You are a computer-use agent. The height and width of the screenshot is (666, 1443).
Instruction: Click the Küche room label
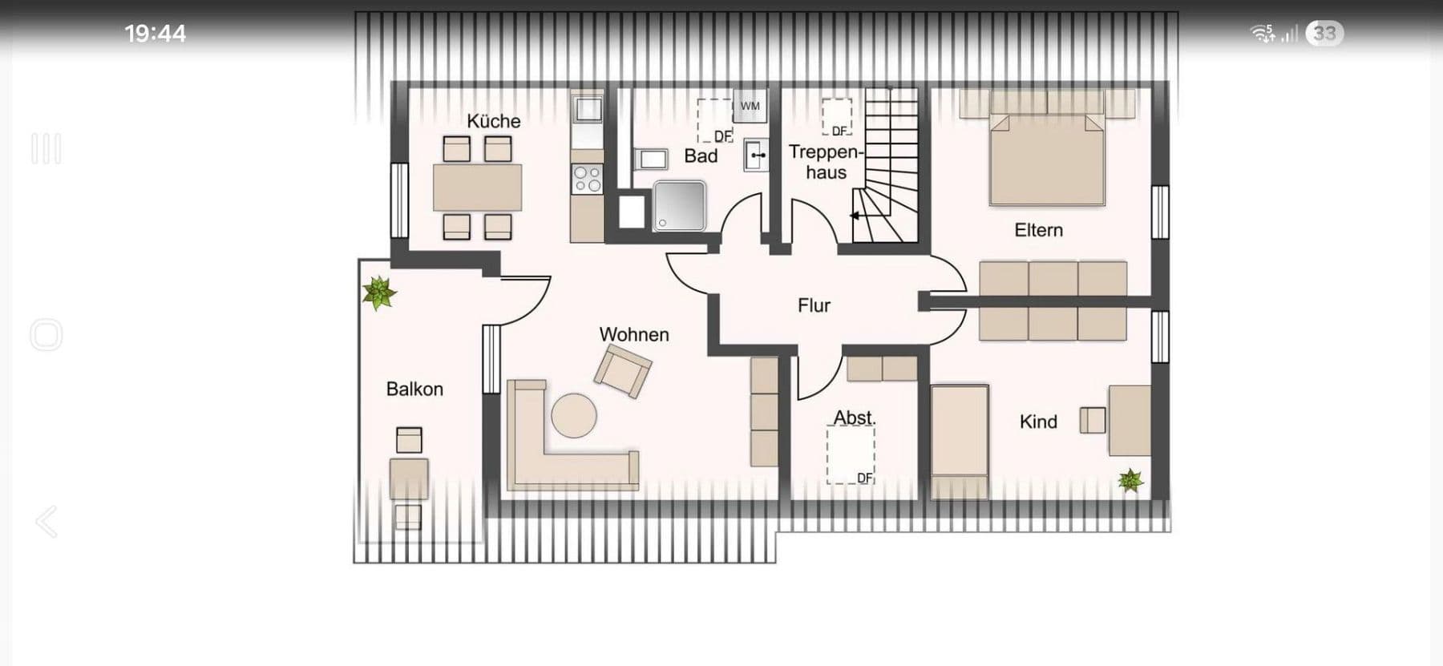click(493, 121)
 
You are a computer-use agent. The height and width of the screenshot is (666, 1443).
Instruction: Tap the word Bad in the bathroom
click(700, 156)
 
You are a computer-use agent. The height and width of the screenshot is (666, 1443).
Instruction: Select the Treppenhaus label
click(825, 162)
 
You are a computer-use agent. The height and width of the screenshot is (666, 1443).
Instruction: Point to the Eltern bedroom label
click(1038, 231)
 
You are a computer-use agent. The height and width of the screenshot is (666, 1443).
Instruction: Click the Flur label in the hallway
click(814, 305)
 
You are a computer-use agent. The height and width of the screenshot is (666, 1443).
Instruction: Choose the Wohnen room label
click(633, 334)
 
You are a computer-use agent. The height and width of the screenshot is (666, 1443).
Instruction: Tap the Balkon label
click(414, 390)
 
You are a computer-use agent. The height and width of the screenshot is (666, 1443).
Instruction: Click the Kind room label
click(1038, 422)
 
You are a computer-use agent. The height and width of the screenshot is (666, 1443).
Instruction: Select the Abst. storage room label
click(854, 418)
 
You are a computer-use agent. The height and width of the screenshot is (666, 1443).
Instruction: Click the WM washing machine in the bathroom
click(750, 106)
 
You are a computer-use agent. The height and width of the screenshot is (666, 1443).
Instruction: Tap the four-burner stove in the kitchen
click(587, 179)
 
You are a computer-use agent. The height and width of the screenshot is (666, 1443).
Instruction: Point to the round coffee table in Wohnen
click(574, 415)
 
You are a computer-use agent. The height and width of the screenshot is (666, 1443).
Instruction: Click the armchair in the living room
click(622, 369)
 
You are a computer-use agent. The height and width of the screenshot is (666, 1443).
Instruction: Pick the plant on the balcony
click(378, 293)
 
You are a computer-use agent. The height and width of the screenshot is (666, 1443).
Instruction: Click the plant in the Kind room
click(1130, 480)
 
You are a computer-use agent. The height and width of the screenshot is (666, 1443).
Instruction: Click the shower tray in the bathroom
click(679, 205)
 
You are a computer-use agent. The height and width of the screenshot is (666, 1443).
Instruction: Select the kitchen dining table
click(477, 188)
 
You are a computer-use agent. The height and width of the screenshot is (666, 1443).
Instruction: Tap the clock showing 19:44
click(155, 34)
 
